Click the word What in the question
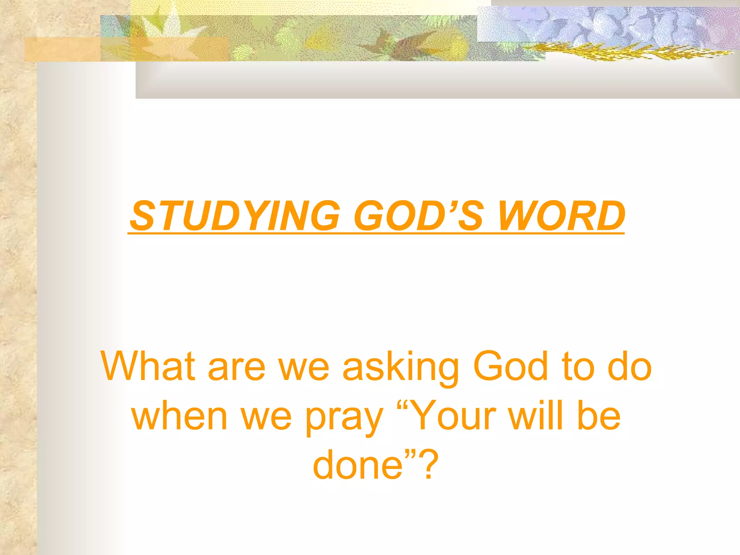coord(148,366)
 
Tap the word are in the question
coord(237,369)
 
